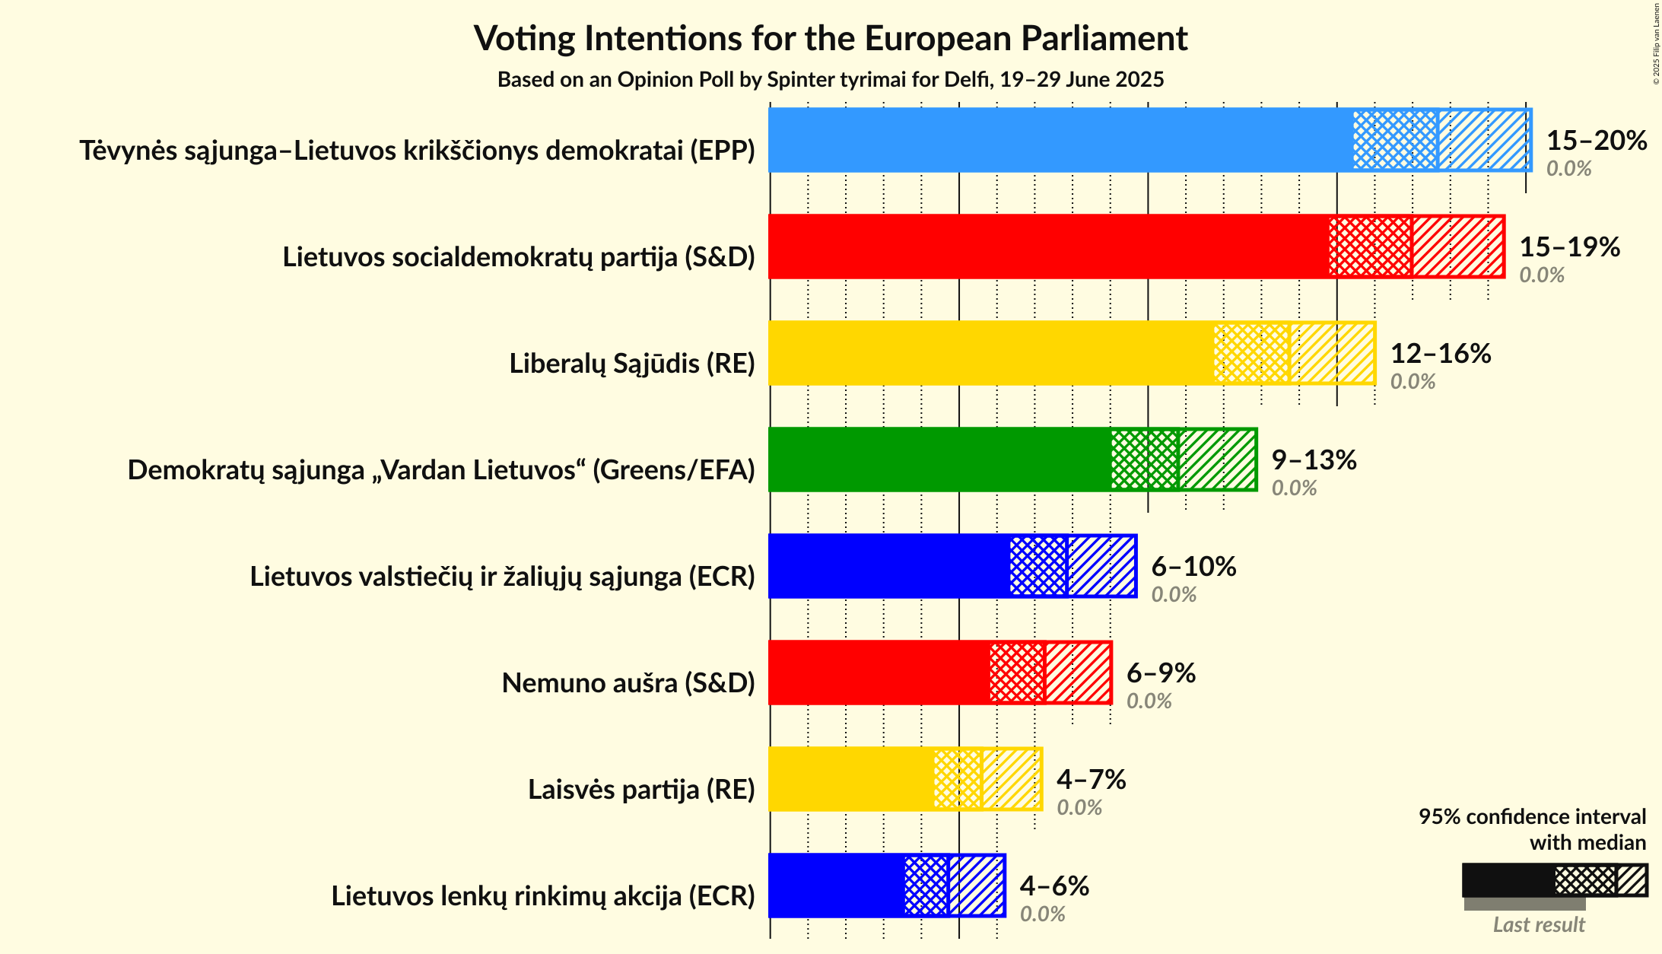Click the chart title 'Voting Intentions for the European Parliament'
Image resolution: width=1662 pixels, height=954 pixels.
pyautogui.click(x=831, y=38)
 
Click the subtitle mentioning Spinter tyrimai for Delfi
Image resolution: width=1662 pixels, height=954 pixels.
pyautogui.click(x=831, y=80)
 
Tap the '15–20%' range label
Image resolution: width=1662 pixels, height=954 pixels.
pyautogui.click(x=1596, y=140)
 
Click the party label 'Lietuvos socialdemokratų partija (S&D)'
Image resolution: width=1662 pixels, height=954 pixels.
pyautogui.click(x=519, y=257)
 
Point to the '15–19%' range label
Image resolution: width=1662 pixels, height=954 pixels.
pyautogui.click(x=1569, y=246)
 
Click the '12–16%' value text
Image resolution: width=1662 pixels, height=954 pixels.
pyautogui.click(x=1440, y=353)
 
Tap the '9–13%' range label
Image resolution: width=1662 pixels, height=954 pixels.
pyautogui.click(x=1314, y=460)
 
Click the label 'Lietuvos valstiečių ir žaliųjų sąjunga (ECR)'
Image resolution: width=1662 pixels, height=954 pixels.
pyautogui.click(x=502, y=577)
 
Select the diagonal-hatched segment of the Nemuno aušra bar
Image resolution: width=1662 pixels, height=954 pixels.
pyautogui.click(x=1078, y=673)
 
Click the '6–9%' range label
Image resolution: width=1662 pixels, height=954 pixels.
pyautogui.click(x=1161, y=673)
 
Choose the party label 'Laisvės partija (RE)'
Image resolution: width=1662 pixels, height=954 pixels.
pyautogui.click(x=641, y=790)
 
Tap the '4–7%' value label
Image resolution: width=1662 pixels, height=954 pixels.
pyautogui.click(x=1091, y=779)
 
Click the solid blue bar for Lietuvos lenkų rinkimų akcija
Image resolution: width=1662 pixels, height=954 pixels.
pyautogui.click(x=836, y=886)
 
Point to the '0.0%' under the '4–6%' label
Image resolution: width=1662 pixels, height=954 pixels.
pyautogui.click(x=1042, y=914)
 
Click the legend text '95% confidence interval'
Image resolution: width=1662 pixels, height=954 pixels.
pyautogui.click(x=1531, y=816)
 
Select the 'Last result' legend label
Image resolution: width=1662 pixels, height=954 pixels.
pyautogui.click(x=1538, y=924)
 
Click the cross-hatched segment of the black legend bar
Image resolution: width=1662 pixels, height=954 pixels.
pyautogui.click(x=1584, y=880)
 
